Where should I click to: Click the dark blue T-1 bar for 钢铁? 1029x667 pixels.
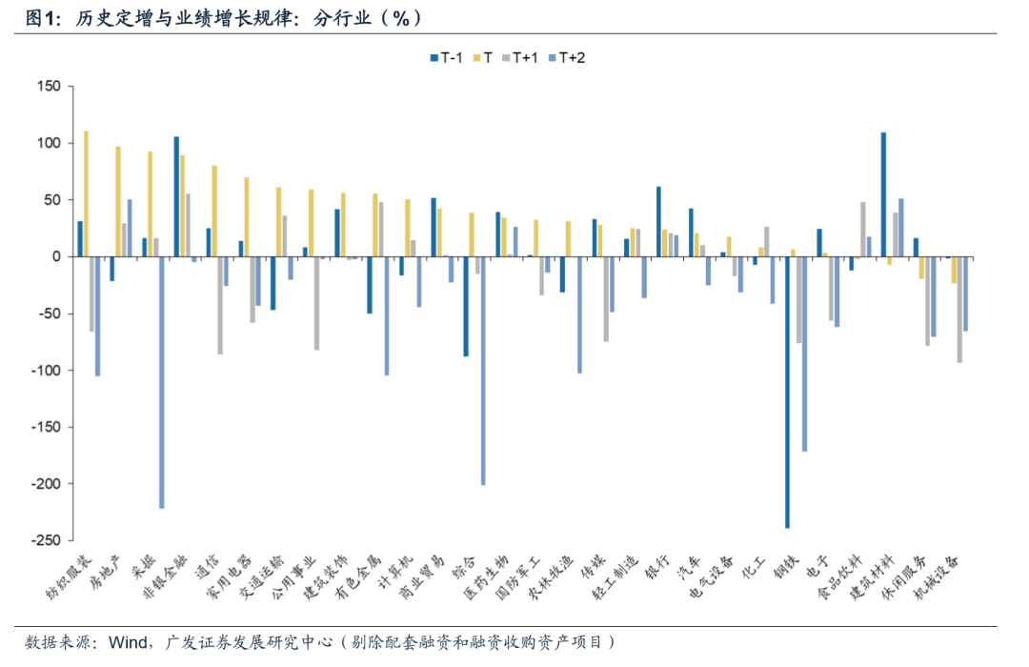(787, 392)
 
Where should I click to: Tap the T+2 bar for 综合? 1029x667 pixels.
(483, 371)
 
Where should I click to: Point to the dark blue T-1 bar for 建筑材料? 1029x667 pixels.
(883, 194)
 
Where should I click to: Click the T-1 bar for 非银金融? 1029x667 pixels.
(176, 196)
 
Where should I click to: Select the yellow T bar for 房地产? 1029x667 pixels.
(118, 201)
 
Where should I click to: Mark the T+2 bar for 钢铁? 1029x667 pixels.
(805, 354)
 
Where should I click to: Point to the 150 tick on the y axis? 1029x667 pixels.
(48, 87)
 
